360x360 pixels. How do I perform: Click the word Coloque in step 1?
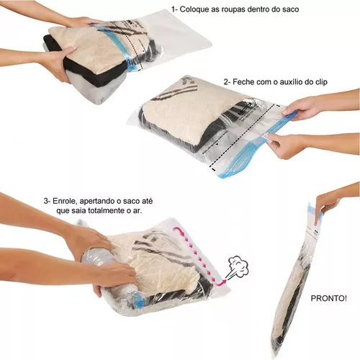[194, 9]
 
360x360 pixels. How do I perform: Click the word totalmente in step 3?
[107, 211]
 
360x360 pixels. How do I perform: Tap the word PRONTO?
[328, 298]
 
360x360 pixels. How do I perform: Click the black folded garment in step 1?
[84, 72]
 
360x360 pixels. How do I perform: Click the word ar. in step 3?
[138, 212]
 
